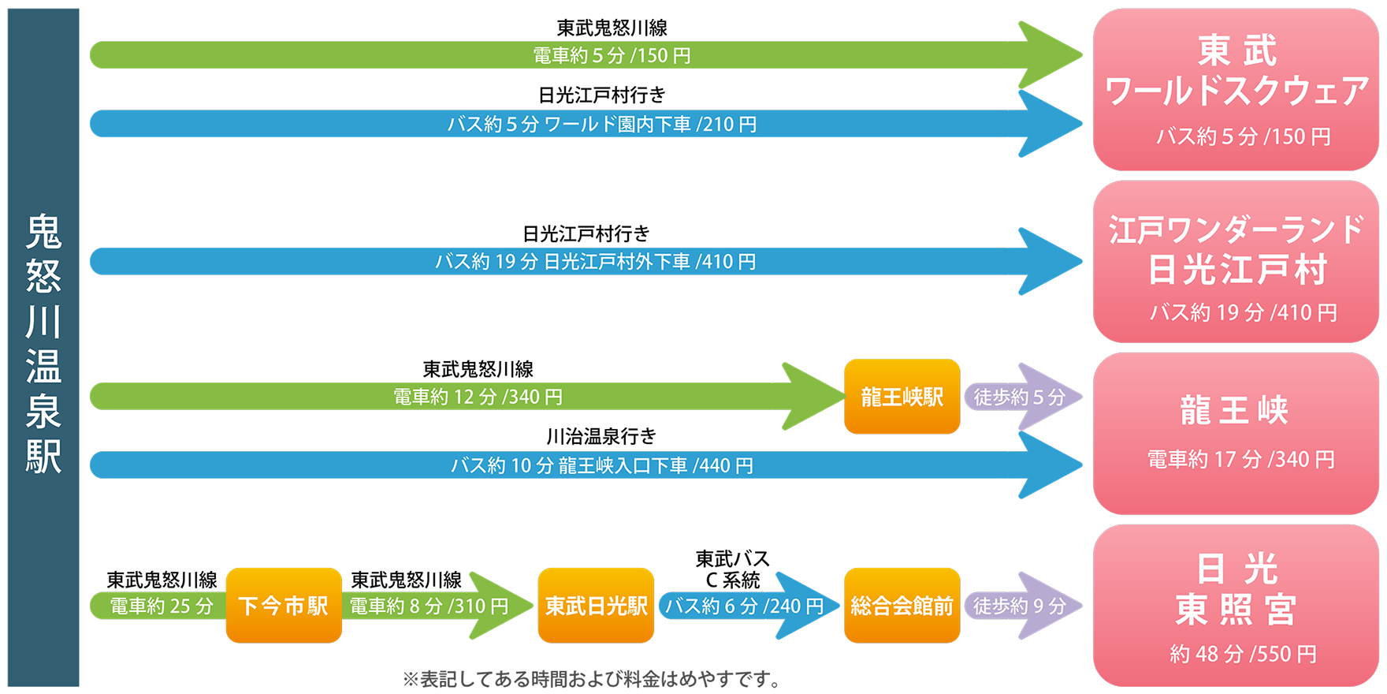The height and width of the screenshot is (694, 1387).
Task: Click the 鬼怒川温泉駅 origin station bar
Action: [43, 347]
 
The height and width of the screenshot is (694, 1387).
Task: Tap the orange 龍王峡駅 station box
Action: [902, 397]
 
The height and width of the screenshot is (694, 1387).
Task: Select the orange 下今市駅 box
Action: [284, 606]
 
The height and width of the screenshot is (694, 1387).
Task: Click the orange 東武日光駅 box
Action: [597, 606]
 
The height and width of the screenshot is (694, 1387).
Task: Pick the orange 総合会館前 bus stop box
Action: [902, 606]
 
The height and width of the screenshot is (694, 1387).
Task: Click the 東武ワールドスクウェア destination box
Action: [1236, 90]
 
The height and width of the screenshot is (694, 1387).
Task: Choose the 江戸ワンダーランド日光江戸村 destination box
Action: [1236, 262]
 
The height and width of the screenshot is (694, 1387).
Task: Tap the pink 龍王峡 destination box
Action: [1236, 434]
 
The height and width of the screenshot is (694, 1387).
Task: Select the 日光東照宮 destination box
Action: [1236, 606]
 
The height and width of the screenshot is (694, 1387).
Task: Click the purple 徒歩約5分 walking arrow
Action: [1023, 397]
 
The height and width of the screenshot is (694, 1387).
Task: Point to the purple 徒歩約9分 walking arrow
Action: [1023, 606]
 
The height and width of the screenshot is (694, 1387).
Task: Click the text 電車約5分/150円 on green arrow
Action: [612, 55]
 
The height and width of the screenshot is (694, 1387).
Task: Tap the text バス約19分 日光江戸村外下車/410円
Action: [596, 261]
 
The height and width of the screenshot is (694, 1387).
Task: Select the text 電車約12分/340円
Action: [478, 397]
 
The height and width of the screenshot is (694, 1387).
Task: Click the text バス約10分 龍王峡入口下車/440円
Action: [602, 465]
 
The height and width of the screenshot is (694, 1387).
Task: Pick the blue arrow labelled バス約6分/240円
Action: [749, 606]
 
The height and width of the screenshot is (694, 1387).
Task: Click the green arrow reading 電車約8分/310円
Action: [438, 606]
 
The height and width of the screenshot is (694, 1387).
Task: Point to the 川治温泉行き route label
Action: [601, 436]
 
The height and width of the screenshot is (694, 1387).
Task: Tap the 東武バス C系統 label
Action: [732, 569]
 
